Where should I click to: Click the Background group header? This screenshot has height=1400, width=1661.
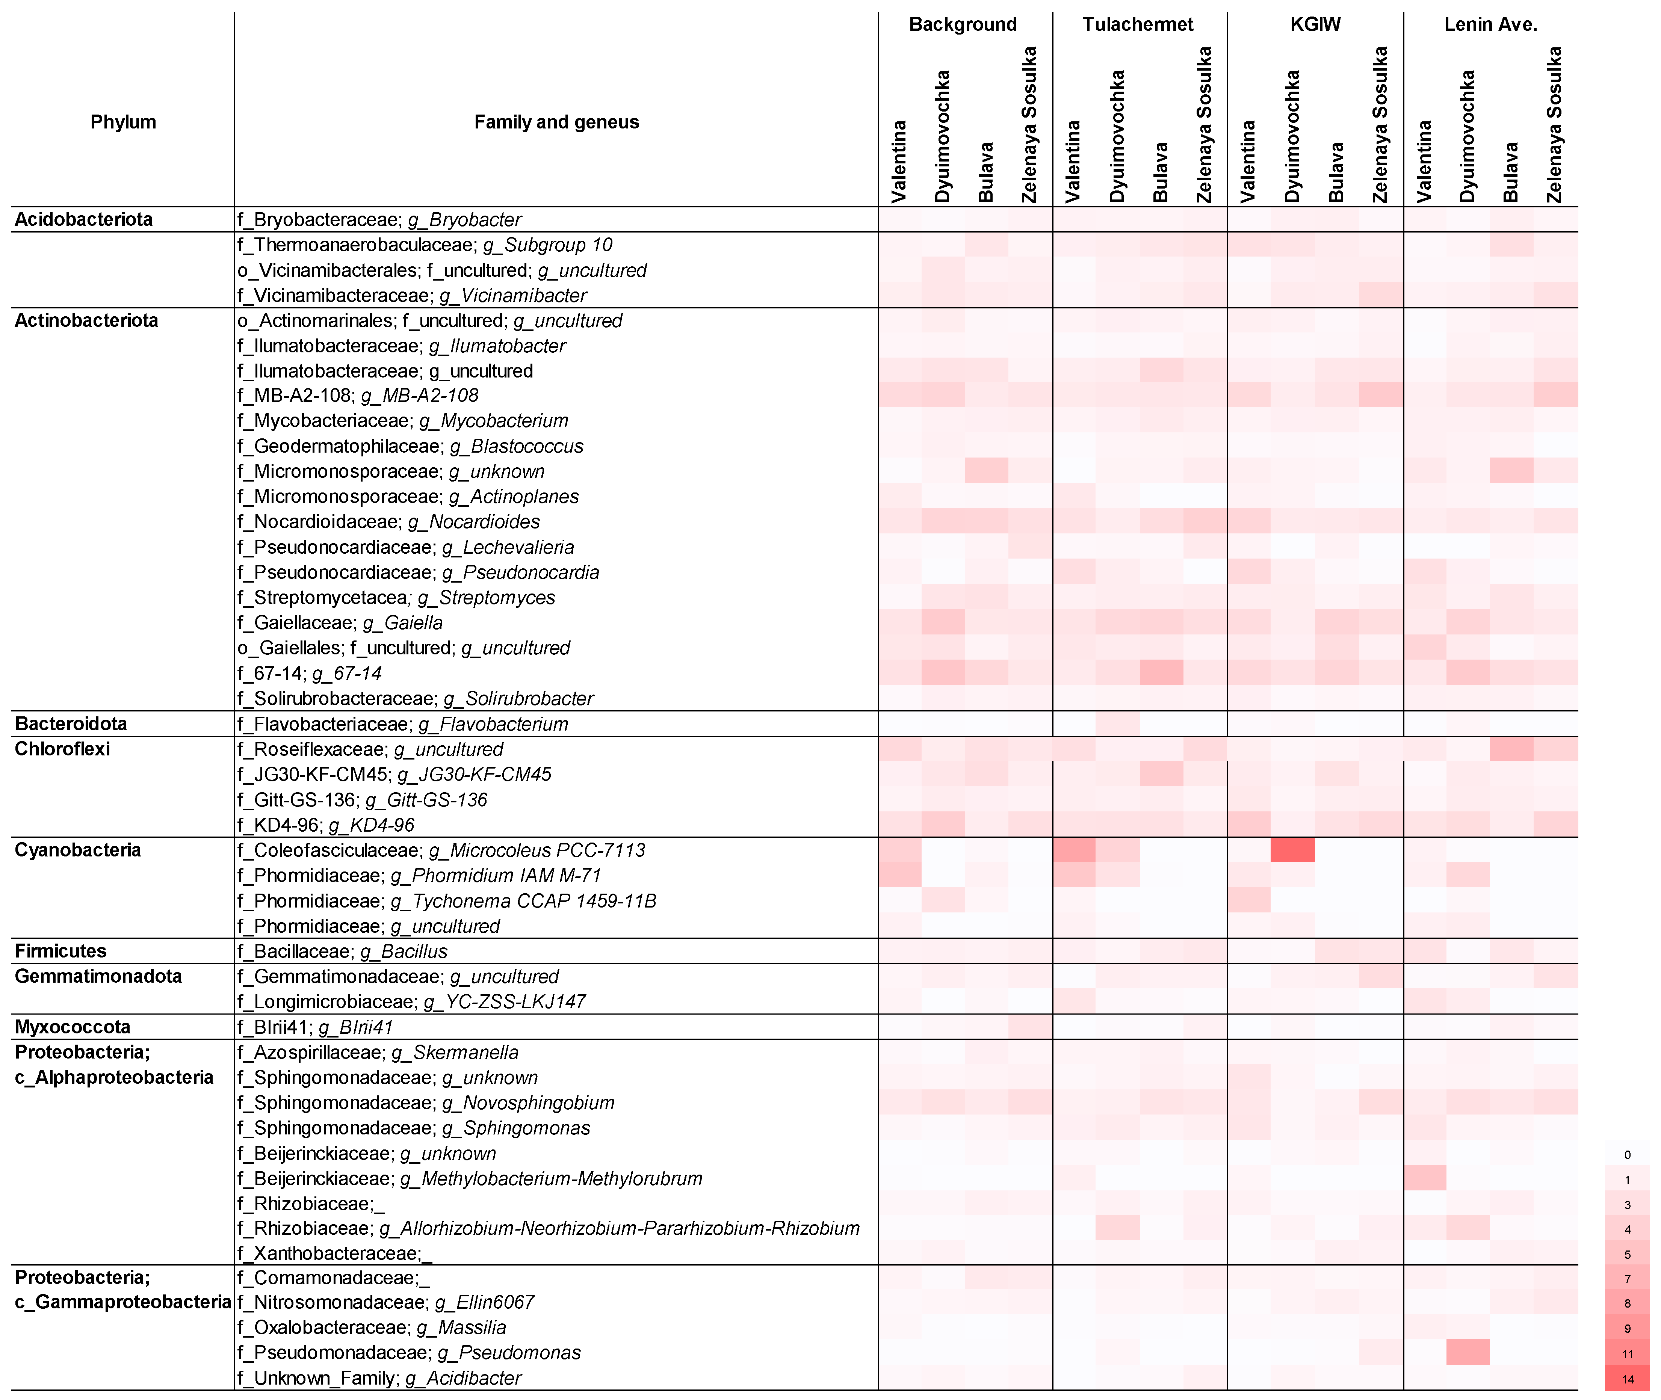click(963, 24)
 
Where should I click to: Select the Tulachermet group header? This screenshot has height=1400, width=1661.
click(1137, 24)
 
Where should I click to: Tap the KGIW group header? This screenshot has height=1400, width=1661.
click(1315, 24)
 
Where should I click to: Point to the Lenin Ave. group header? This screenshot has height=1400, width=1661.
click(1490, 24)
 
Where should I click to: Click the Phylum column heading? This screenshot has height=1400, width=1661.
click(123, 122)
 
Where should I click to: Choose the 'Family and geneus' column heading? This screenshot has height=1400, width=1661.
click(556, 122)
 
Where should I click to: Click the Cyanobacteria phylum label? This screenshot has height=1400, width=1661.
click(78, 850)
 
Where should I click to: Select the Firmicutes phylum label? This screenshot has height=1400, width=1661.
click(60, 951)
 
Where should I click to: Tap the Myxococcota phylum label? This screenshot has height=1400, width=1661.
click(72, 1027)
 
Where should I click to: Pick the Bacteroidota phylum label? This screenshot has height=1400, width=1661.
click(71, 724)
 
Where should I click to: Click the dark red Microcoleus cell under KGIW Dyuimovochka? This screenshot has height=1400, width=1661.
click(1292, 850)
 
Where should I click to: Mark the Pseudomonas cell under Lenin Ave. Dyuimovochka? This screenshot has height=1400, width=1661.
click(1468, 1352)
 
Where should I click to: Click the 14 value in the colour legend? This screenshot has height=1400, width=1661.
click(1627, 1379)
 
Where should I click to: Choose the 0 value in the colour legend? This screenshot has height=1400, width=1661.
click(1627, 1155)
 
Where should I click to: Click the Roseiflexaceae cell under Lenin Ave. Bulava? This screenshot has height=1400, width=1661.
click(1511, 749)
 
